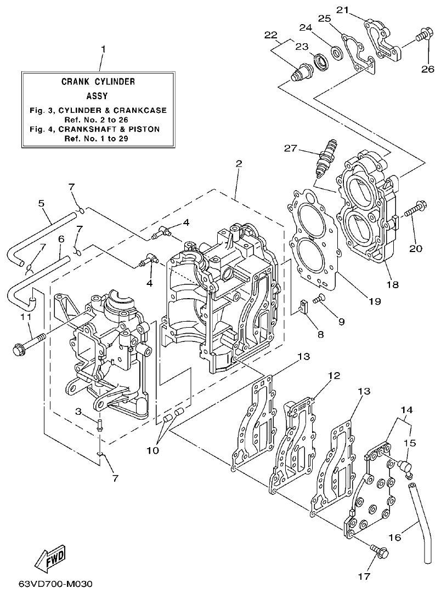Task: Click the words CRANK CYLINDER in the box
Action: (x=98, y=82)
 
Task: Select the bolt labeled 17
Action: (x=379, y=551)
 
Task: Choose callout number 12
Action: (x=334, y=376)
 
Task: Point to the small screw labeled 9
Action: (x=321, y=299)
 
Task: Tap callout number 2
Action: (x=238, y=164)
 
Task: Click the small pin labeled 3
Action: (x=99, y=424)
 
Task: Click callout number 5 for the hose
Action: (x=41, y=203)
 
